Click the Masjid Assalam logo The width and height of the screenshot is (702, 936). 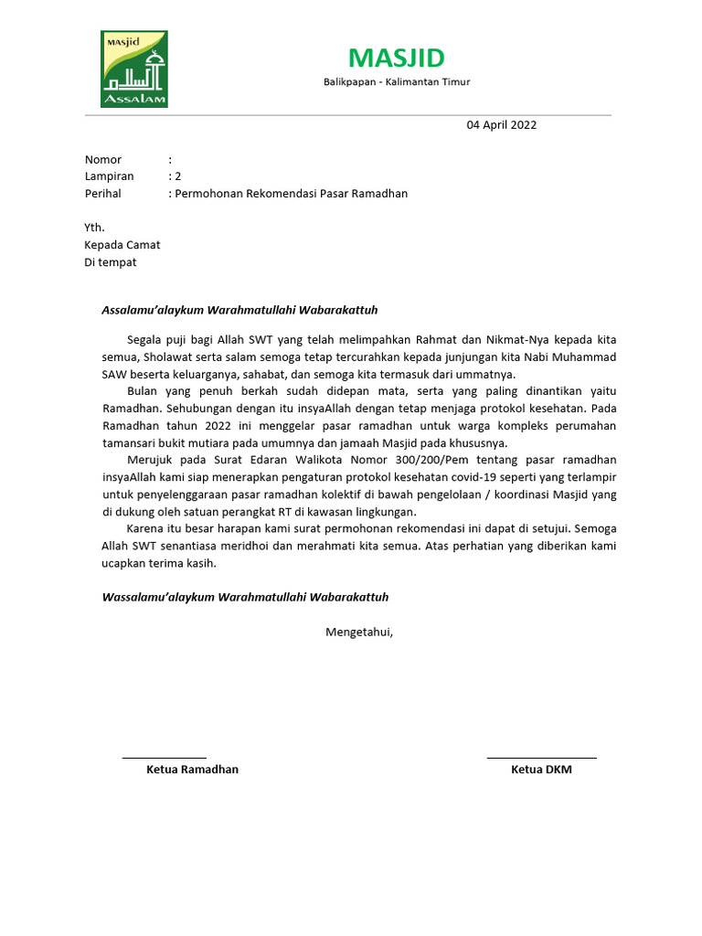(133, 69)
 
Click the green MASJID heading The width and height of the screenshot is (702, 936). (397, 58)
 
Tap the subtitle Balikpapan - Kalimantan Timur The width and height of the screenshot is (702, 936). (397, 82)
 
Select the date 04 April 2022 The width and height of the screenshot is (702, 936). (502, 125)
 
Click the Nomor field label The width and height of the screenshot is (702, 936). (103, 160)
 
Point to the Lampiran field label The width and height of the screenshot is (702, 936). (109, 176)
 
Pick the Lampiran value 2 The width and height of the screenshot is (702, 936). (178, 176)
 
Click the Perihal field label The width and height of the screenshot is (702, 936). (102, 194)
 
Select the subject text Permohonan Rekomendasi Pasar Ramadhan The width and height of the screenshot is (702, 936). (292, 194)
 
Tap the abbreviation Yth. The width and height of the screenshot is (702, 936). (94, 228)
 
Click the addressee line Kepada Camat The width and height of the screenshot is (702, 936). (122, 245)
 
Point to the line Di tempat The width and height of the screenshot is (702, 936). (111, 262)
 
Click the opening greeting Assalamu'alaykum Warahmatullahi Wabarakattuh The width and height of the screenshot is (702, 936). (239, 311)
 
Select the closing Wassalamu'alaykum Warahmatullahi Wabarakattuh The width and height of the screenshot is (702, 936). (244, 597)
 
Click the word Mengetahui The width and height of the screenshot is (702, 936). (359, 632)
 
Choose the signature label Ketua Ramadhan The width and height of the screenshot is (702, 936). (192, 770)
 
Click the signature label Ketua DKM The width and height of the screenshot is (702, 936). (541, 770)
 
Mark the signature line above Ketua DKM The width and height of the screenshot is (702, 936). (541, 758)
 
